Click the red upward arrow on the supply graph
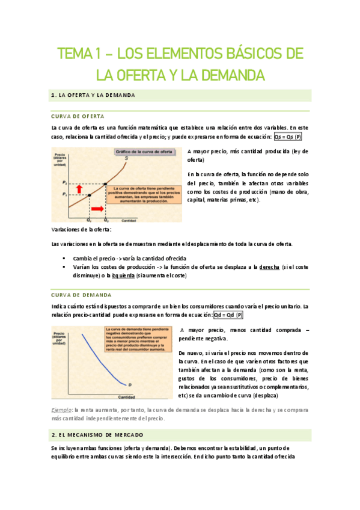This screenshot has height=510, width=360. (x=78, y=188)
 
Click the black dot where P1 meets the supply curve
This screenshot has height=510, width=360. (x=89, y=195)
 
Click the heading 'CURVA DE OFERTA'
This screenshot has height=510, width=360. (x=78, y=115)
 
